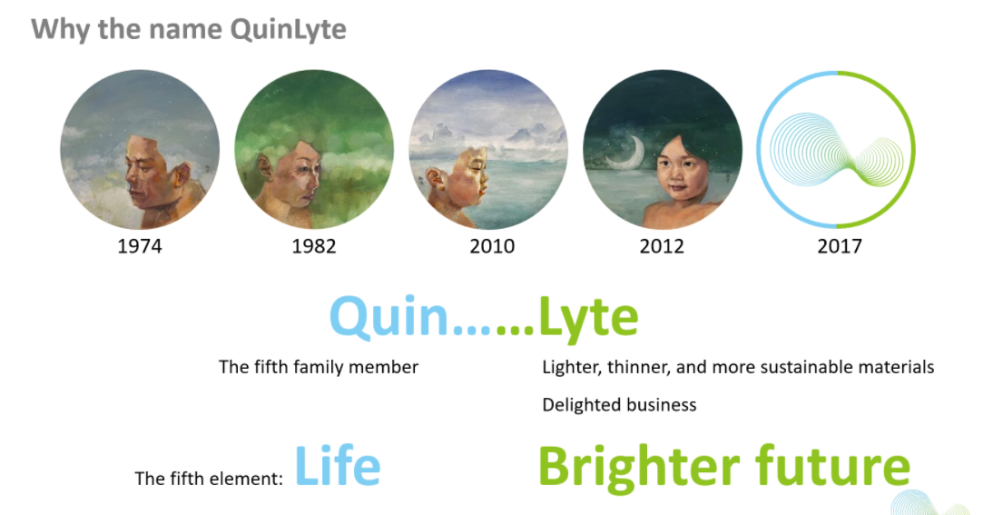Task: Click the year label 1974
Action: click(140, 246)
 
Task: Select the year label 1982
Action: click(314, 246)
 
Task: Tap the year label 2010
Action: click(492, 246)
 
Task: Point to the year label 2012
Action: click(662, 246)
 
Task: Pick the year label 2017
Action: click(840, 246)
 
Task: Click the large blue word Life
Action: click(338, 466)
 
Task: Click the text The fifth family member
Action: click(319, 367)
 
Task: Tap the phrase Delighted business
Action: click(619, 404)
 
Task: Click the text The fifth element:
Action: click(209, 478)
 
